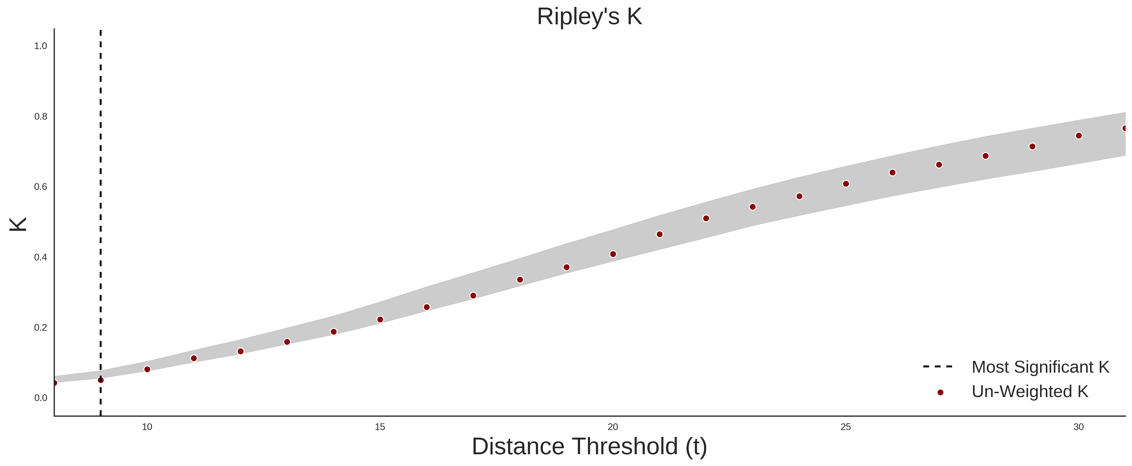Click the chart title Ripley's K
589,17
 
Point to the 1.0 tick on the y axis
41,46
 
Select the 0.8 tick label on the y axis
41,117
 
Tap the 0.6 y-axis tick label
41,187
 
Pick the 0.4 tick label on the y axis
41,257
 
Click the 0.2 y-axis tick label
41,327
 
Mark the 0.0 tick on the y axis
41,398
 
